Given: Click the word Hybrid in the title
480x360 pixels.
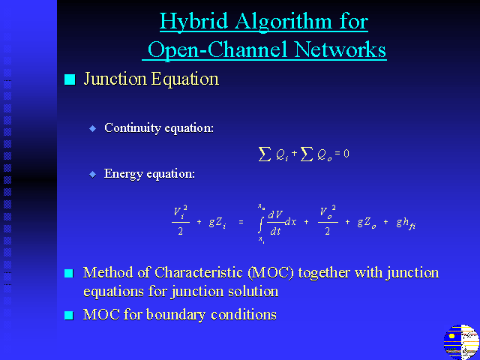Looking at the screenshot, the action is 193,22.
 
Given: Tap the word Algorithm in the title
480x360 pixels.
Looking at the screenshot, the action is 283,22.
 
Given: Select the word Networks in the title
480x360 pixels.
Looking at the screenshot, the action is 340,49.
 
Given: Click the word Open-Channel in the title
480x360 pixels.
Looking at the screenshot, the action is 217,50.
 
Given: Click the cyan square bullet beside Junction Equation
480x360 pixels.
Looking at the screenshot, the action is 70,79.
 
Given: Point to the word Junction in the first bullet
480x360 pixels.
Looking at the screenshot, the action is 115,79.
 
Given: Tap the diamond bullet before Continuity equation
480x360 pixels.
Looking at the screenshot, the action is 92,128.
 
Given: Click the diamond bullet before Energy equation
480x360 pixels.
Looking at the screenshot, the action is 92,175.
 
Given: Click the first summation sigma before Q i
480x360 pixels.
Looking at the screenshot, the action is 265,154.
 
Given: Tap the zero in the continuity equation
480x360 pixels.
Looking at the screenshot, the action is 346,153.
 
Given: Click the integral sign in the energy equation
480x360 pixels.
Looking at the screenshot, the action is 260,223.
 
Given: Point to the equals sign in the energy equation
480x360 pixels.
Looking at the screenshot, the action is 241,222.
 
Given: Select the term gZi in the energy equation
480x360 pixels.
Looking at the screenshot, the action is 217,223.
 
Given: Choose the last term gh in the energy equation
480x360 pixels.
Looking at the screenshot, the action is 406,223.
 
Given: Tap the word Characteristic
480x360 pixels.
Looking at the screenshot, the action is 199,273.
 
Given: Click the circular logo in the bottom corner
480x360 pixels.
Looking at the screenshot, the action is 461,342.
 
